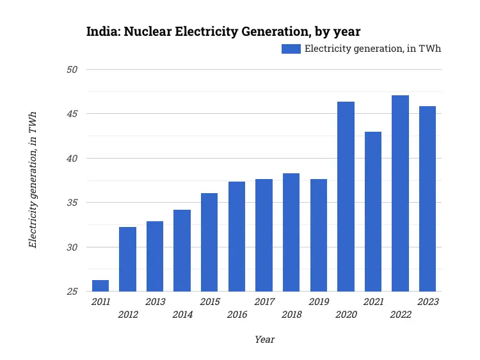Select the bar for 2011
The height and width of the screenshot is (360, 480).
(x=100, y=286)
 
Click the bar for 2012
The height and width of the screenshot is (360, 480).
(x=127, y=259)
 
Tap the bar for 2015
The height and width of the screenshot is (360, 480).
(x=209, y=242)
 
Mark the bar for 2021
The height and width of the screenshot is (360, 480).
(x=373, y=212)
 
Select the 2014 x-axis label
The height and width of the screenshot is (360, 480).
(x=182, y=315)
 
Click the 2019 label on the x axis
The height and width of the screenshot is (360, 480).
(x=319, y=302)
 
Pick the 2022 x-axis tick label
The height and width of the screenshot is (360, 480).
(x=401, y=315)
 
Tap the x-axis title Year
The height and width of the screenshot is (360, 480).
(x=264, y=340)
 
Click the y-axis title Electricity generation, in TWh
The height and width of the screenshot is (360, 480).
(x=32, y=180)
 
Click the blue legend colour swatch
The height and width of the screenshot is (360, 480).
(x=291, y=49)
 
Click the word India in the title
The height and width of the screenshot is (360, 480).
(x=102, y=31)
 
